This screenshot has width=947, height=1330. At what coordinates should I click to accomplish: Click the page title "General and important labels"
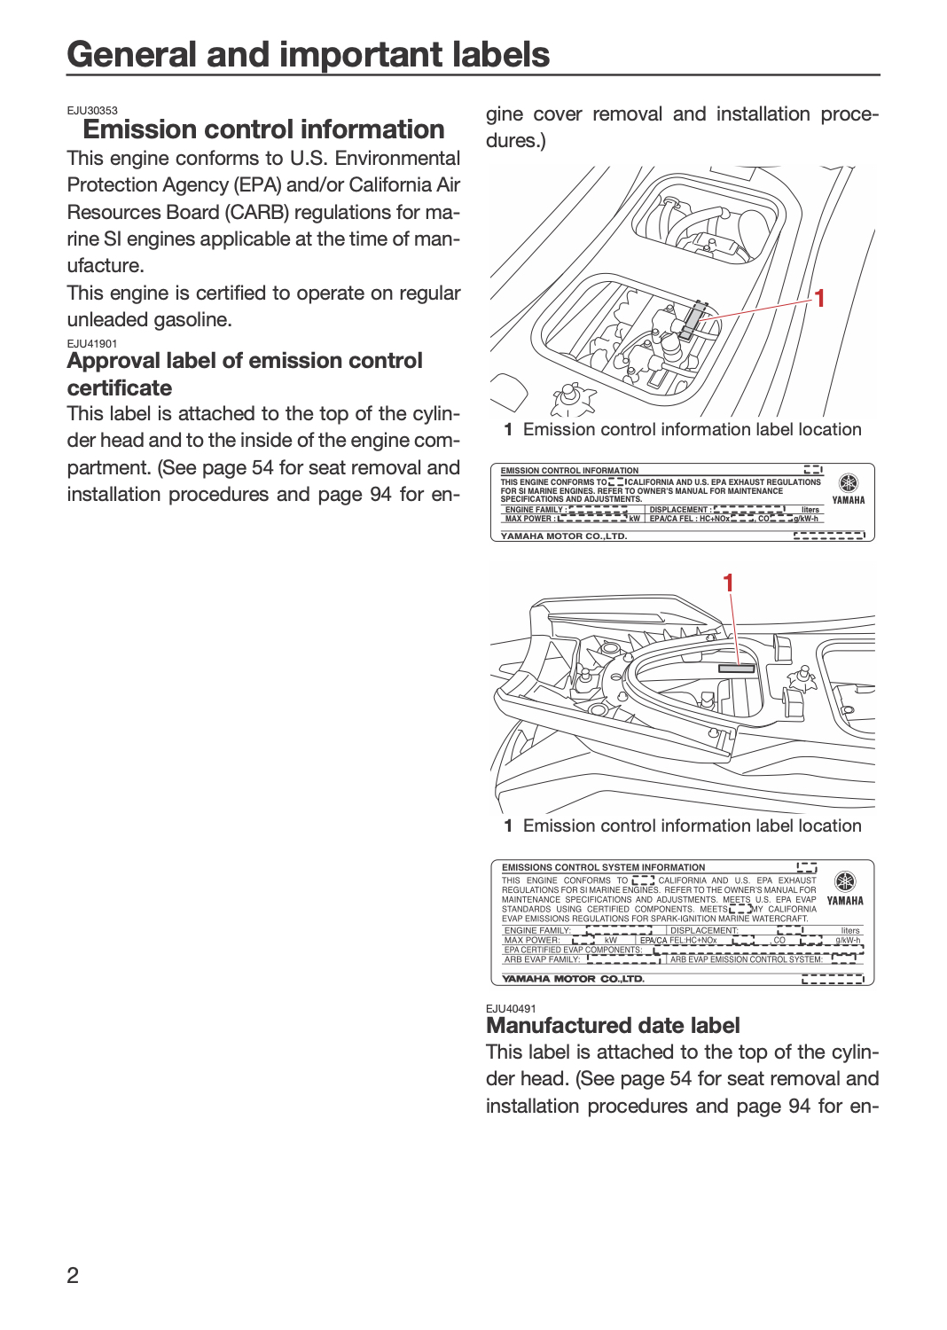click(309, 54)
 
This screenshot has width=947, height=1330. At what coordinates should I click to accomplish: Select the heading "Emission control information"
click(263, 129)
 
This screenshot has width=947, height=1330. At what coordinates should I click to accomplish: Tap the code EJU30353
click(92, 111)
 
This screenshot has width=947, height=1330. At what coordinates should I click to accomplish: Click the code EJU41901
click(92, 344)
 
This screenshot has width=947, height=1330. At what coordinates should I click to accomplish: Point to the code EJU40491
click(511, 1009)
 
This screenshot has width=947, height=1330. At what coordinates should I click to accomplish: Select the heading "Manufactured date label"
click(613, 1026)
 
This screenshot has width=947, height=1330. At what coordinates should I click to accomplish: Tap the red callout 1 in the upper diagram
click(818, 299)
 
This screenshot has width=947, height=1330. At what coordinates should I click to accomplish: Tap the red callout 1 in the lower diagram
click(728, 583)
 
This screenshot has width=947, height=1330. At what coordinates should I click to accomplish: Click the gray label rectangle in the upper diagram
click(693, 321)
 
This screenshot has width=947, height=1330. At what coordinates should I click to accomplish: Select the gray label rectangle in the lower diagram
click(736, 669)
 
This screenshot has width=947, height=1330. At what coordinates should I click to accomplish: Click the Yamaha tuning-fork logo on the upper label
click(848, 482)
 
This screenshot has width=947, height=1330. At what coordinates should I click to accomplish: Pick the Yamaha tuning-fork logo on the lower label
click(845, 881)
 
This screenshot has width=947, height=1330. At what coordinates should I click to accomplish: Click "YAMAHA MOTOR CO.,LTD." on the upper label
click(564, 536)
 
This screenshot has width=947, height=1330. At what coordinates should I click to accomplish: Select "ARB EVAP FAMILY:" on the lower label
click(542, 958)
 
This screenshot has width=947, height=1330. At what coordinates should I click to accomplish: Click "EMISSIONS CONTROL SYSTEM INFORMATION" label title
click(603, 867)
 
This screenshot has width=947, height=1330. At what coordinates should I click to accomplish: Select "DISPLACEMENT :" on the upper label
click(680, 510)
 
